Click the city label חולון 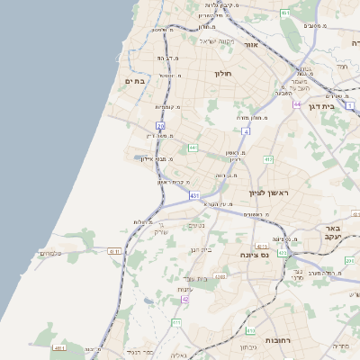[x=222, y=73]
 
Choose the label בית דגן [x=340, y=105]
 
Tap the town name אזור [x=251, y=44]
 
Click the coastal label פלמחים [x=49, y=254]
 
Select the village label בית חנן [x=200, y=249]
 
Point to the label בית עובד [x=193, y=280]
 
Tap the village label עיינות [x=184, y=288]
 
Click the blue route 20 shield [x=160, y=126]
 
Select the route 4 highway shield [x=246, y=130]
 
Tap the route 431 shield [x=194, y=193]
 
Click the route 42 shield [x=185, y=299]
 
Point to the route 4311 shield [x=114, y=251]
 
